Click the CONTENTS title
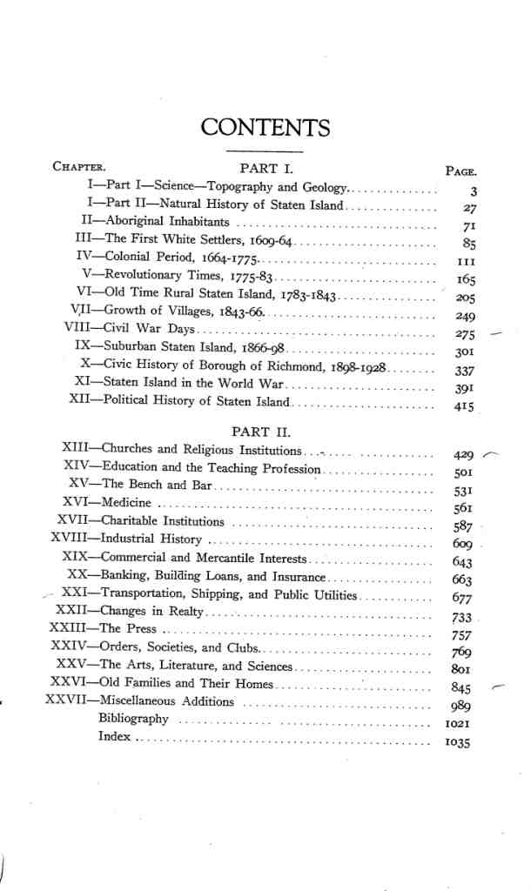(265, 129)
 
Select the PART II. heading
(260, 431)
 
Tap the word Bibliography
(134, 719)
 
